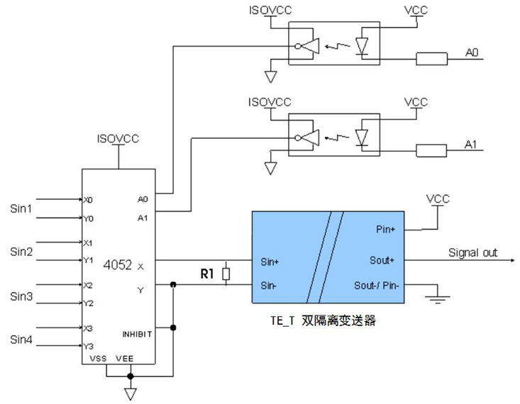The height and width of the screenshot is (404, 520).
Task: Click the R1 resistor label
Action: pyautogui.click(x=207, y=274)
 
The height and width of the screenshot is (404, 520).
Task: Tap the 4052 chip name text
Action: pyautogui.click(x=117, y=265)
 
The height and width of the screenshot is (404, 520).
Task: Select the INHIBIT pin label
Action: pyautogui.click(x=138, y=335)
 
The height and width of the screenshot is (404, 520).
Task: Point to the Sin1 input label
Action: pyautogui.click(x=21, y=208)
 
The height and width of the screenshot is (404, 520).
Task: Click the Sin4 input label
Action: pyautogui.click(x=21, y=340)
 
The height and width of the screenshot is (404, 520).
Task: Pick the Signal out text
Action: pyautogui.click(x=473, y=252)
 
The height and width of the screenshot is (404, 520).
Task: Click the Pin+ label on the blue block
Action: pyautogui.click(x=385, y=230)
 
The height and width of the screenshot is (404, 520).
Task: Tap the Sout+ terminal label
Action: pyautogui.click(x=382, y=260)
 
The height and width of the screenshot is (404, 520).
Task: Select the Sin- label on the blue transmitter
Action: pyautogui.click(x=268, y=286)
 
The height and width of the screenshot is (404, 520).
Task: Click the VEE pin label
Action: pyautogui.click(x=125, y=359)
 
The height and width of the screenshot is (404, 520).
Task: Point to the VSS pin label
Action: pyautogui.click(x=98, y=359)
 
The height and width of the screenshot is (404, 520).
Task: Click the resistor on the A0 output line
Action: pyautogui.click(x=431, y=59)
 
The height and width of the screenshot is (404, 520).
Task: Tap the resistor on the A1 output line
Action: pyautogui.click(x=431, y=151)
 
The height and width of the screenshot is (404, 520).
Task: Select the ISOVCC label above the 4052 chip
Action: pyautogui.click(x=118, y=138)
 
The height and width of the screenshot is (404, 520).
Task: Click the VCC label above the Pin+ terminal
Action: pyautogui.click(x=438, y=199)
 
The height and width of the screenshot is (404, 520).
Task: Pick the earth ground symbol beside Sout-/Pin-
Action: pyautogui.click(x=438, y=299)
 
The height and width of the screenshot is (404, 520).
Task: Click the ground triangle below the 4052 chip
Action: pyautogui.click(x=131, y=394)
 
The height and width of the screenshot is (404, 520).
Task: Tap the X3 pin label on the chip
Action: pyautogui.click(x=88, y=328)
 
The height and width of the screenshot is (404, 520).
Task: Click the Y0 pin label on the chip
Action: pyautogui.click(x=88, y=219)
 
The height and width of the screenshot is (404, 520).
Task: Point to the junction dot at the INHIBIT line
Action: pyautogui.click(x=173, y=327)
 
